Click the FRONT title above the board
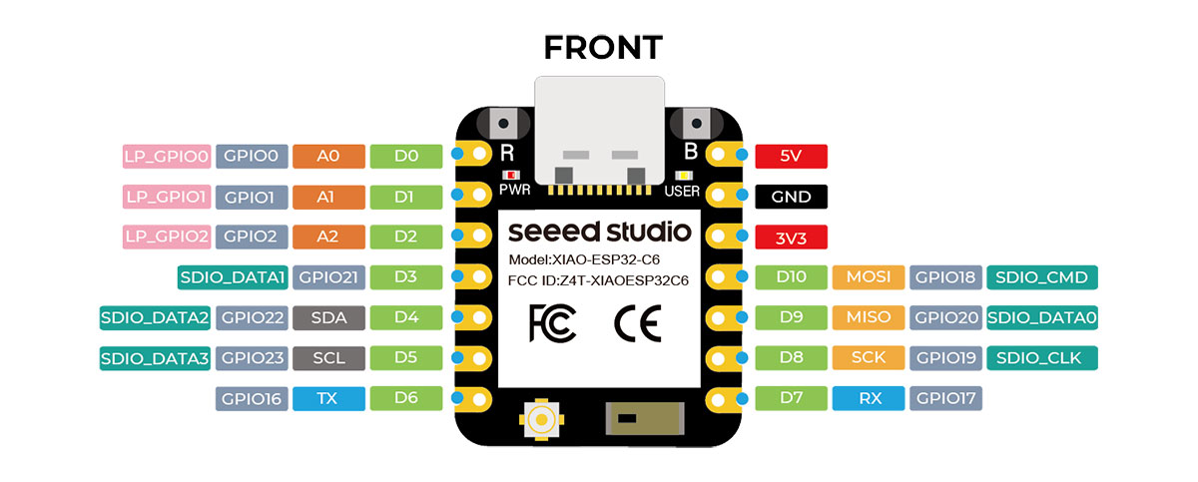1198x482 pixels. [602, 47]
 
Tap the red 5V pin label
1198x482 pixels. [791, 157]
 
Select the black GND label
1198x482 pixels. [791, 197]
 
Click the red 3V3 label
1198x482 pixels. [791, 238]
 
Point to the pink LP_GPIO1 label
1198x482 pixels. [166, 197]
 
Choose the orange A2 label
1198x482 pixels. [326, 238]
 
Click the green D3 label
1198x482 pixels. [404, 277]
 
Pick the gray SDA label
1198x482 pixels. [326, 318]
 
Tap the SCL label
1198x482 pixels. [326, 358]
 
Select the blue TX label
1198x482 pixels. [326, 399]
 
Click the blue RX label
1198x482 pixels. [869, 399]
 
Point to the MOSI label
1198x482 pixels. [869, 277]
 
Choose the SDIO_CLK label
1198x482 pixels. [1041, 358]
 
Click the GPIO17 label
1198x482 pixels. [946, 399]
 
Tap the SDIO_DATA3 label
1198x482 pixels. [155, 358]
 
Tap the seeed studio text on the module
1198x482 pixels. [599, 232]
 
